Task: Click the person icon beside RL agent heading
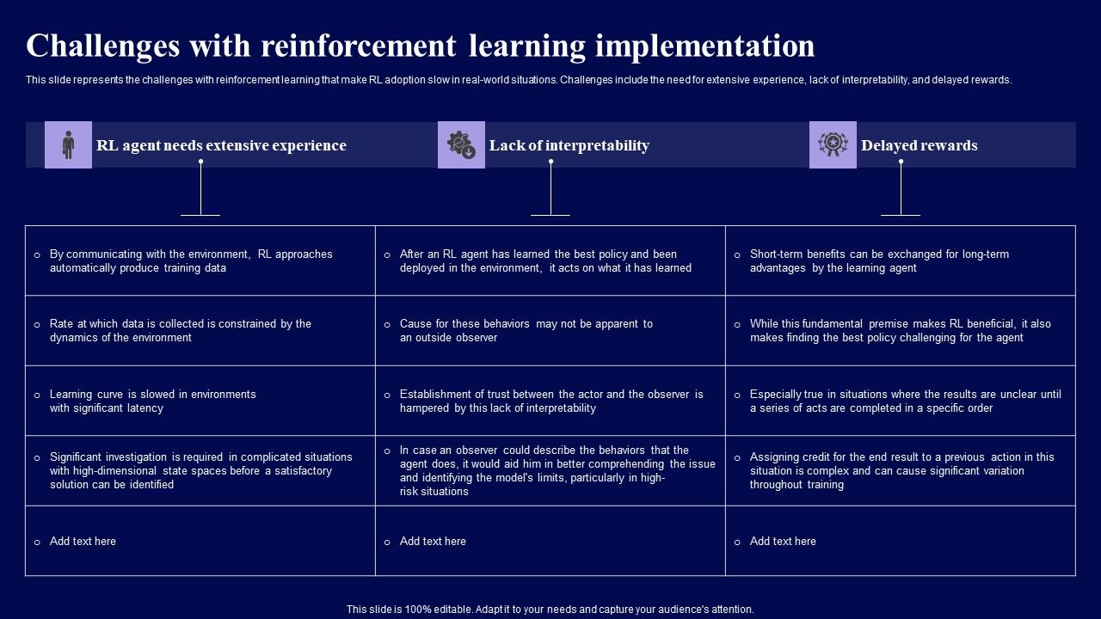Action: tap(68, 144)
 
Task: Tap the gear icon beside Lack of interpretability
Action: tap(461, 144)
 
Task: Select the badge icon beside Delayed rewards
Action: tap(833, 144)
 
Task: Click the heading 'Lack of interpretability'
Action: tap(569, 145)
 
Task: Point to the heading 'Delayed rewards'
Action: tap(919, 145)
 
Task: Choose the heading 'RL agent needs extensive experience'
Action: tap(221, 145)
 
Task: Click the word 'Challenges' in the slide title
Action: tap(102, 46)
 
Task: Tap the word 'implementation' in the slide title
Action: tap(704, 46)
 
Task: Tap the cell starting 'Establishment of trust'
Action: tap(550, 401)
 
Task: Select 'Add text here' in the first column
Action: tap(83, 542)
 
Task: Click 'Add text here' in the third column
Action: tap(783, 542)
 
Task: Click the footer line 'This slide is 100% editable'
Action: tap(550, 610)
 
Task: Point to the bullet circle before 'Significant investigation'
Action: tap(37, 458)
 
